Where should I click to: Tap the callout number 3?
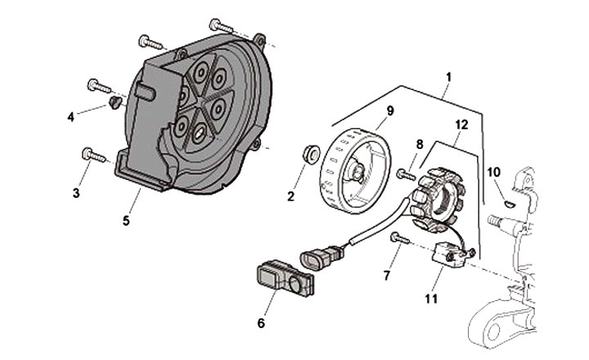(76, 193)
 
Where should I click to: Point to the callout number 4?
(71, 116)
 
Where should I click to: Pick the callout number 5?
(126, 220)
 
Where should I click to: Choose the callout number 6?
(261, 322)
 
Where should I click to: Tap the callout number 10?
(493, 172)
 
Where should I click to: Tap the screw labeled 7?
(398, 238)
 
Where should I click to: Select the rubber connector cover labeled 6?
(283, 278)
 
